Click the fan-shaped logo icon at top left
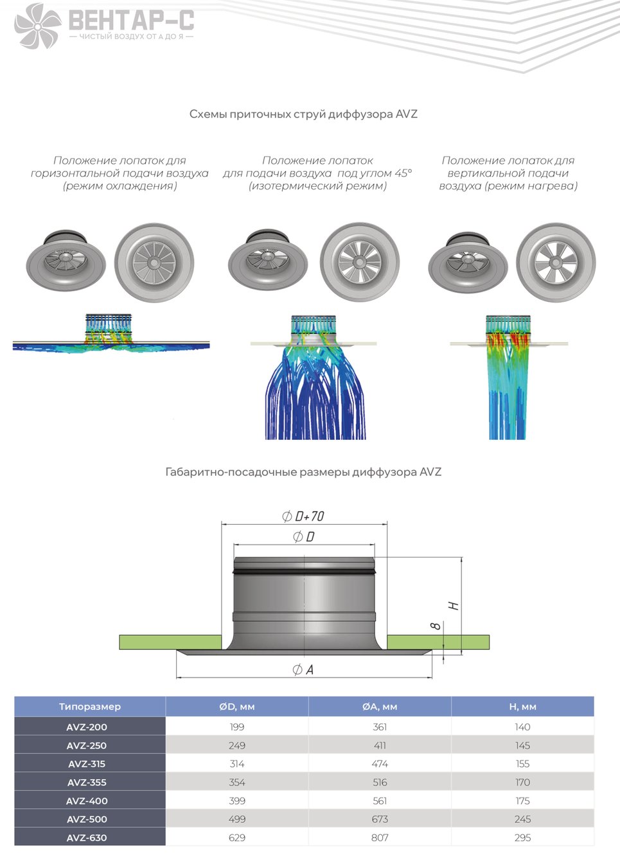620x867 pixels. coord(38,26)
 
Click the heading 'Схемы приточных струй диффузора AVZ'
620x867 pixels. coord(303,114)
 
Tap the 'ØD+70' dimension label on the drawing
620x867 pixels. coord(303,516)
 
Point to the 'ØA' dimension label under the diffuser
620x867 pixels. coord(303,669)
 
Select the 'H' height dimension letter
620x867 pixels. coord(454,606)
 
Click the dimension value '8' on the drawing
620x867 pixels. coord(436,626)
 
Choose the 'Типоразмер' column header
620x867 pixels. coord(90,706)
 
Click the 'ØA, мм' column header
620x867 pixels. coord(380,706)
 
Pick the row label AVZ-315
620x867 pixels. coord(87,764)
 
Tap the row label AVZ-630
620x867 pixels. coord(87,837)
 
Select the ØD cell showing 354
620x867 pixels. coord(237,782)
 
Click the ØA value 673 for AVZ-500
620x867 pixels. coord(380,819)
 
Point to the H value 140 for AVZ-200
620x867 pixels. coord(522,727)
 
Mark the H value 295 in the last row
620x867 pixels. coord(522,837)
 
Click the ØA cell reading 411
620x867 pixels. coord(380,746)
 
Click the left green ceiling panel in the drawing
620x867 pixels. coord(170,642)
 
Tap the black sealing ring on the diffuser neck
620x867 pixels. coord(305,571)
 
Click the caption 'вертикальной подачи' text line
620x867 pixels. coord(508,173)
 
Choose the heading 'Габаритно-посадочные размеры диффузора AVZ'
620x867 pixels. coord(303,472)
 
